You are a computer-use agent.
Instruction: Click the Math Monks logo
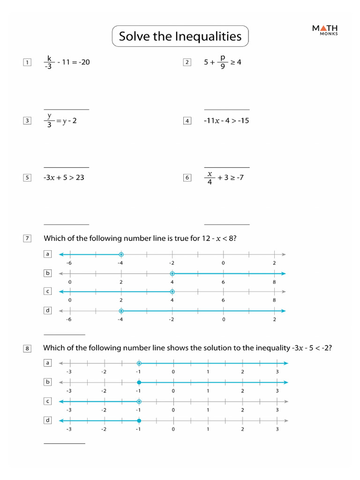point(325,30)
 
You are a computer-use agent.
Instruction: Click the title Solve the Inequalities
point(180,36)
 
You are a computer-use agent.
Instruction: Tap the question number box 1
point(27,62)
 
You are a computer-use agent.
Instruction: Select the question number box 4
point(187,121)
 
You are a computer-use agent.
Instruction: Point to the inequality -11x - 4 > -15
point(226,121)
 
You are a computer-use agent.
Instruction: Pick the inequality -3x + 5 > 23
point(64,178)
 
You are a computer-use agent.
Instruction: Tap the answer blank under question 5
point(66,224)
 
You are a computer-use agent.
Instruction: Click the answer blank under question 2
point(227,109)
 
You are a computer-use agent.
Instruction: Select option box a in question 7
point(47,254)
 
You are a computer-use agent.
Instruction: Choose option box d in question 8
point(47,420)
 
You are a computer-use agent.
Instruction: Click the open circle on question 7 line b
point(172,273)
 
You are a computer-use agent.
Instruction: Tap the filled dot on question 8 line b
point(139,382)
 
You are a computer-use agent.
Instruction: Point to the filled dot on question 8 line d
point(139,421)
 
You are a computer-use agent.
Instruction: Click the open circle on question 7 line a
point(121,255)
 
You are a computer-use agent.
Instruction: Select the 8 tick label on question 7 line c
point(274,300)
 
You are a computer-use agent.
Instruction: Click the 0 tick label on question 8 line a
point(173,372)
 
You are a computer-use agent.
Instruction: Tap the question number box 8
point(27,348)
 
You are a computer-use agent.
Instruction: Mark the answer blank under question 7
point(64,335)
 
